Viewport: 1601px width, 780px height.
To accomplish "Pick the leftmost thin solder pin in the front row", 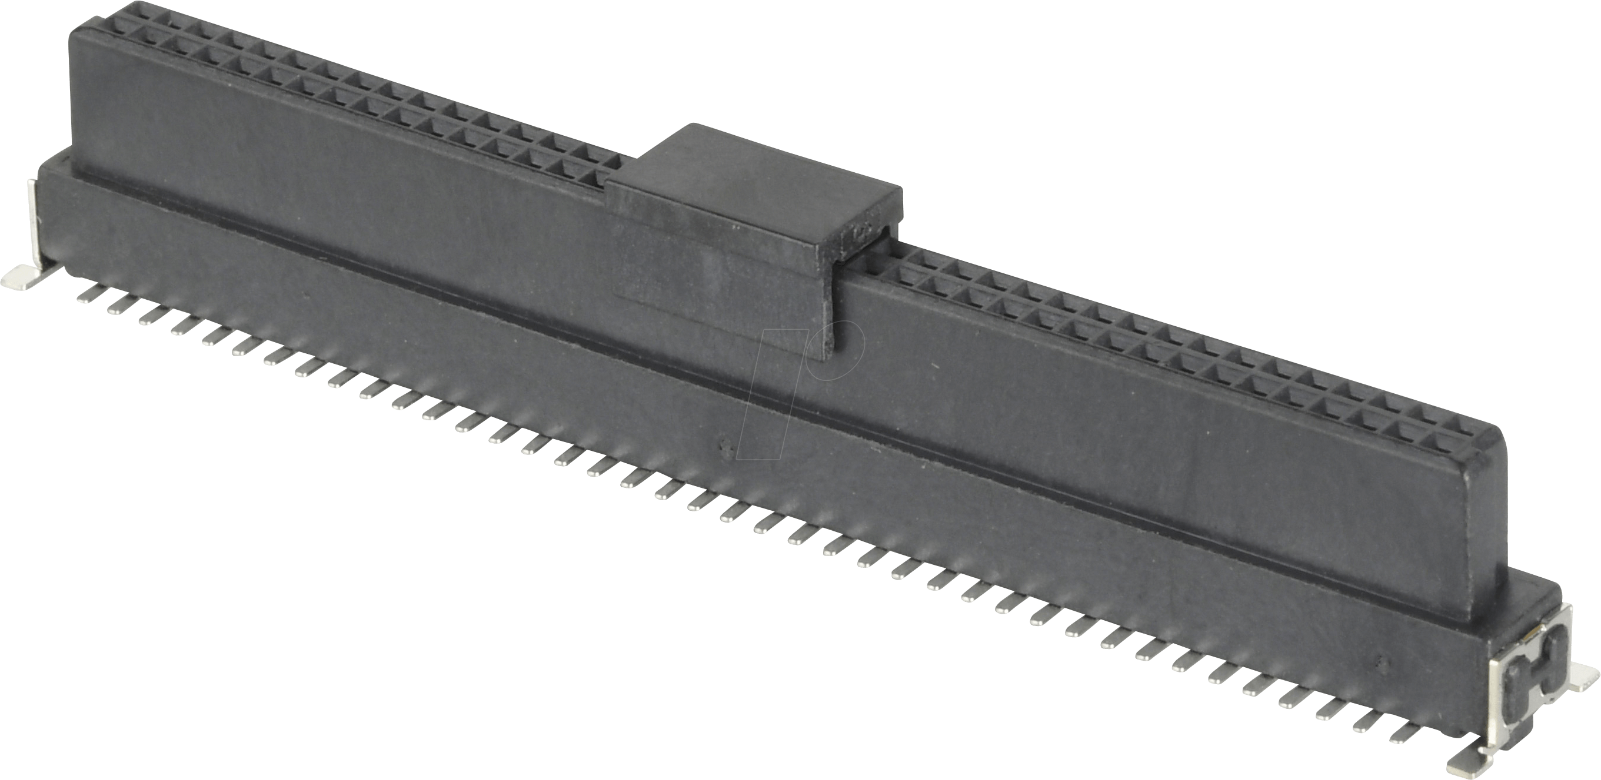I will [x=88, y=297].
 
